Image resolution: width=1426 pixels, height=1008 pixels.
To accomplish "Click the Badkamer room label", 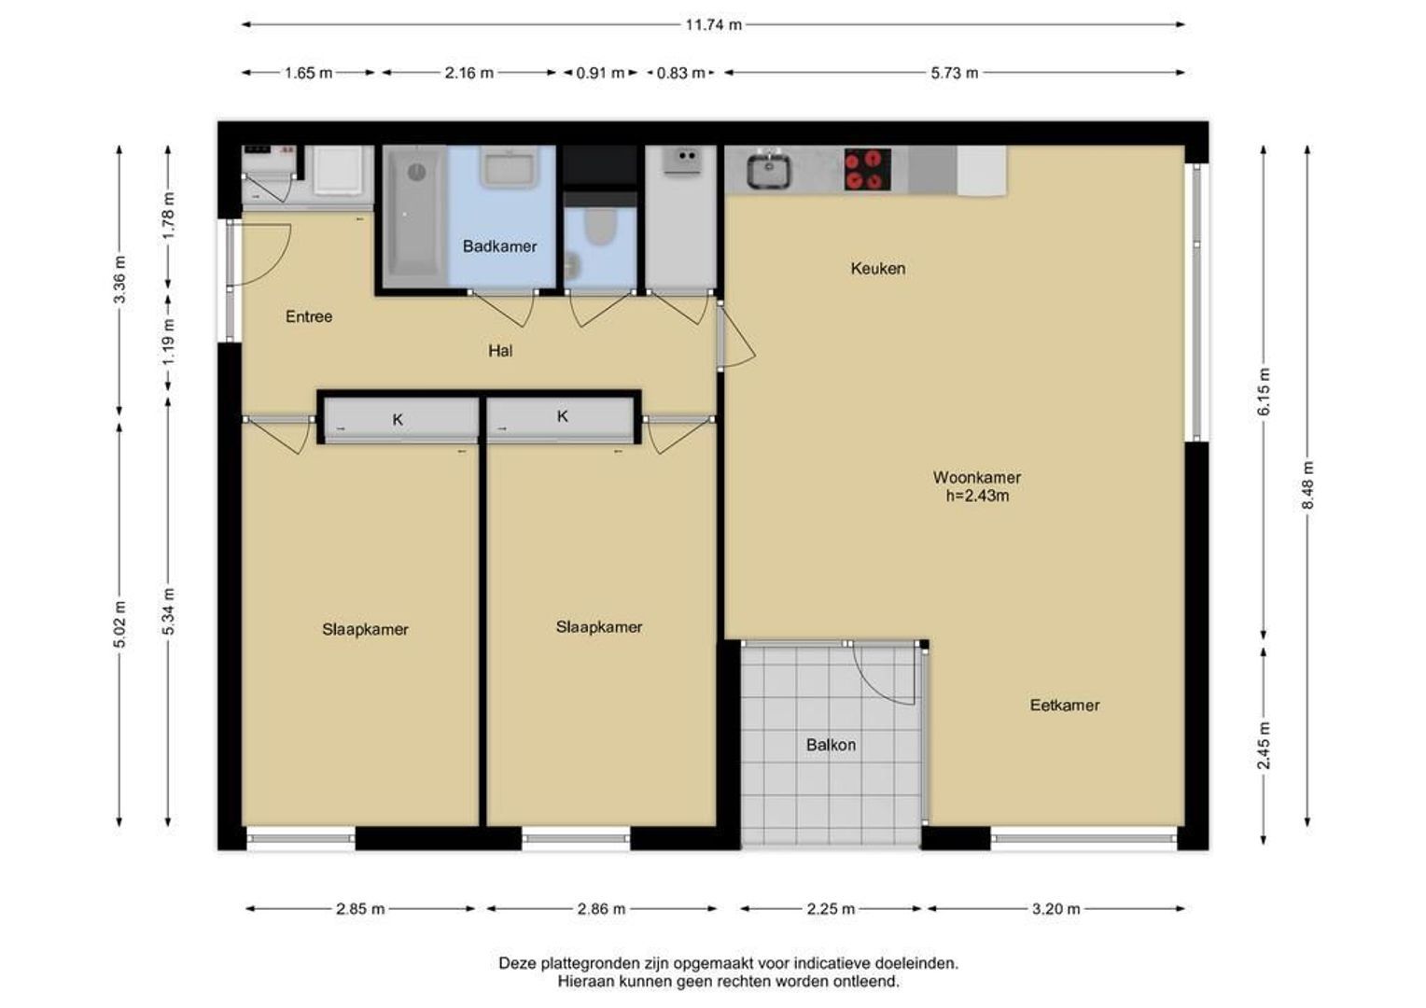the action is pyautogui.click(x=499, y=246).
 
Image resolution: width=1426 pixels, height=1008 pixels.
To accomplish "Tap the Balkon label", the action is pyautogui.click(x=831, y=745).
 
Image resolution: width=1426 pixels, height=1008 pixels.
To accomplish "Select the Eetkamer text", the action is pyautogui.click(x=1065, y=705).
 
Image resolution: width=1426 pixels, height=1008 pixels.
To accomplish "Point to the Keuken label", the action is pyautogui.click(x=878, y=268).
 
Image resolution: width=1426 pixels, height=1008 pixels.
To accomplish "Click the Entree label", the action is pyautogui.click(x=309, y=316).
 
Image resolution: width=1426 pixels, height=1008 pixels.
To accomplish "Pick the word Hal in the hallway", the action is pyautogui.click(x=500, y=351).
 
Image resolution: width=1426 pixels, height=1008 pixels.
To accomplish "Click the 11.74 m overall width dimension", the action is pyautogui.click(x=714, y=25).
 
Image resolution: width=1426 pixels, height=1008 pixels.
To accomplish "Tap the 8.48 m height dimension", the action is pyautogui.click(x=1307, y=485).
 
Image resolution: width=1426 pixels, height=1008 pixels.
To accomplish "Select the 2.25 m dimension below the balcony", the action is pyautogui.click(x=831, y=909).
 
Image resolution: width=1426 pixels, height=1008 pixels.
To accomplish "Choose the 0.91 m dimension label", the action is pyautogui.click(x=600, y=73).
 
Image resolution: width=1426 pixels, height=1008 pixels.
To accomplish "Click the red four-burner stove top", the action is pyautogui.click(x=868, y=169).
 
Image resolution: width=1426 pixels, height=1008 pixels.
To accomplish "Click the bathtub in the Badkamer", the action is pyautogui.click(x=414, y=217).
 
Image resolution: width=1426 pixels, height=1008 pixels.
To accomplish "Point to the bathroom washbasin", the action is pyautogui.click(x=508, y=167).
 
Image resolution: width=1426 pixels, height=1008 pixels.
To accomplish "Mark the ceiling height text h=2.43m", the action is pyautogui.click(x=977, y=496).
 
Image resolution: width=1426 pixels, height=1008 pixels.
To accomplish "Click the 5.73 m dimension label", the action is pyautogui.click(x=955, y=73).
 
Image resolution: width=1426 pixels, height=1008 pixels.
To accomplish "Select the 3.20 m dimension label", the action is pyautogui.click(x=1056, y=909).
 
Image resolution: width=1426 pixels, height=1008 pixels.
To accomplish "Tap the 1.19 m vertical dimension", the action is pyautogui.click(x=168, y=343).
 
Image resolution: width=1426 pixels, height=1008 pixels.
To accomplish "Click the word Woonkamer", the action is pyautogui.click(x=977, y=477).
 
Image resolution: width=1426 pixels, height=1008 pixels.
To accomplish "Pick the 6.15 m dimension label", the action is pyautogui.click(x=1264, y=392).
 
